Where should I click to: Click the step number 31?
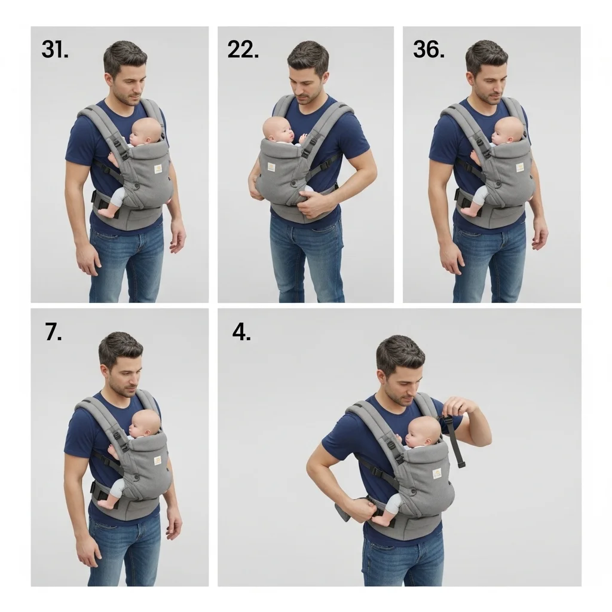(x=55, y=50)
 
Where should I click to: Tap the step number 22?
(x=243, y=50)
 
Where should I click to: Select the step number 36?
(x=429, y=50)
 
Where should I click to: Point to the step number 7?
(x=53, y=332)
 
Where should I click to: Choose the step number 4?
(x=241, y=332)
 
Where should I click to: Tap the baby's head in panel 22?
(x=278, y=131)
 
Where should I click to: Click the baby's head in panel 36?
(x=508, y=130)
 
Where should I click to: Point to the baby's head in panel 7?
(x=145, y=424)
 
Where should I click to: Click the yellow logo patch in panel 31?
(x=158, y=169)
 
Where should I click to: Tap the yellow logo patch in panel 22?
(x=271, y=167)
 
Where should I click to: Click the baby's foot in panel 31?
(x=108, y=212)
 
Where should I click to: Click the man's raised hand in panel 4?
(x=461, y=408)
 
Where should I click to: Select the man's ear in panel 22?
(x=326, y=79)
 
